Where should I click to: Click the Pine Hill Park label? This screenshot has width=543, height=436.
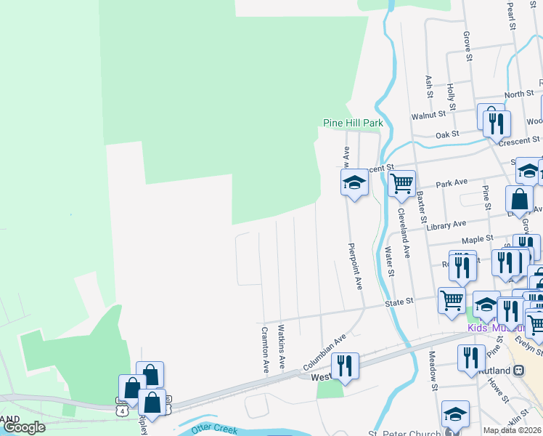pos(353,124)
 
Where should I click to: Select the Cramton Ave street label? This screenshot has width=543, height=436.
pos(265,350)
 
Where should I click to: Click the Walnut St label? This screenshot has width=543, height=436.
pos(428,115)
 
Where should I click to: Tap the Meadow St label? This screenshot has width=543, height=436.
pos(432,371)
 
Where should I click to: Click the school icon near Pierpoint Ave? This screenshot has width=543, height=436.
pos(354,183)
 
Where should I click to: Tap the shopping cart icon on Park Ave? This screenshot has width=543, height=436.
pos(401,183)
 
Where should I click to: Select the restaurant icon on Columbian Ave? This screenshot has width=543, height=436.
pos(344,366)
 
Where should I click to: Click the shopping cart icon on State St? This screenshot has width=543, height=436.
pos(452,300)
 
